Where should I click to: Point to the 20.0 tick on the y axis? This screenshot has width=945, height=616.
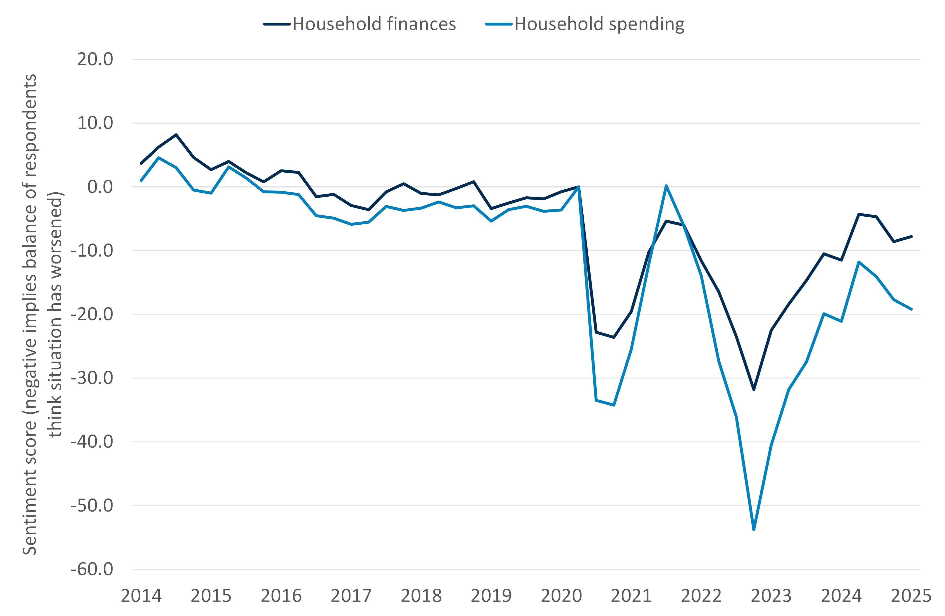95,59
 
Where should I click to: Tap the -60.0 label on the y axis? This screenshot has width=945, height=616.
92,569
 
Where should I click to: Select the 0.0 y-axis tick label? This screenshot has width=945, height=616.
100,187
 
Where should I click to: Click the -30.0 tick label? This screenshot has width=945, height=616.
92,378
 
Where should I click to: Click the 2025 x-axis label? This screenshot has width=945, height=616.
911,596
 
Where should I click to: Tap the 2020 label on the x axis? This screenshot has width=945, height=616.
561,596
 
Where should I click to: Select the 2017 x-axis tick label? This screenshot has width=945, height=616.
351,596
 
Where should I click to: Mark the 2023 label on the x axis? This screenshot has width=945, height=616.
771,596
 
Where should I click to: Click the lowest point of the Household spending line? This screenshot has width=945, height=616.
753,529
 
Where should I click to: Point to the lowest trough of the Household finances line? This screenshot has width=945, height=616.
753,390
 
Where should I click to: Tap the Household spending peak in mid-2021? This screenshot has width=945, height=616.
666,186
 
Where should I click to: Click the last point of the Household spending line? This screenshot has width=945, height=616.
911,309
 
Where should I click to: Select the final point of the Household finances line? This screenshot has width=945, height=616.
911,236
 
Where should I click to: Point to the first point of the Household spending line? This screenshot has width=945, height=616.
141,180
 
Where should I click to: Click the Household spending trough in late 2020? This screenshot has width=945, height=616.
614,405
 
